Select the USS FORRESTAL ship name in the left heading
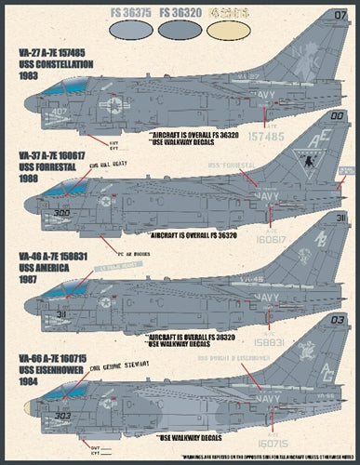[46, 169]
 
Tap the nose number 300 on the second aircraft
[61, 213]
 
